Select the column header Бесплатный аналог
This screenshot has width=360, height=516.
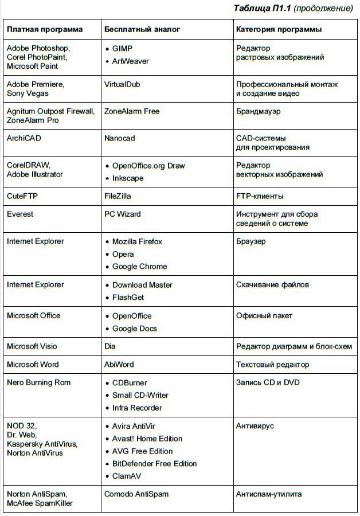pyautogui.click(x=142, y=29)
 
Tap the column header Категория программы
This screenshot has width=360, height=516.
pyautogui.click(x=279, y=29)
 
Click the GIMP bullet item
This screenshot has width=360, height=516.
pyautogui.click(x=122, y=49)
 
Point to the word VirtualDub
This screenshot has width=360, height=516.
pyautogui.click(x=122, y=84)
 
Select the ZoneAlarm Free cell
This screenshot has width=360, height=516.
pyautogui.click(x=132, y=111)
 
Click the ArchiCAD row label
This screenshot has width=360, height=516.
pyautogui.click(x=24, y=138)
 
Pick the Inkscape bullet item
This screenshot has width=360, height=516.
pyautogui.click(x=128, y=178)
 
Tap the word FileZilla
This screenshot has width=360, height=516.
pyautogui.click(x=118, y=196)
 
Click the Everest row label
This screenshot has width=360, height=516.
pyautogui.click(x=20, y=214)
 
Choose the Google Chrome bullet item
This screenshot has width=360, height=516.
pyautogui.click(x=139, y=267)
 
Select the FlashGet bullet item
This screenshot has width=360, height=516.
pyautogui.click(x=128, y=298)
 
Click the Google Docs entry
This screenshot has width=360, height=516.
pyautogui.click(x=134, y=329)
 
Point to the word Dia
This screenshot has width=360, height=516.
pyautogui.click(x=110, y=346)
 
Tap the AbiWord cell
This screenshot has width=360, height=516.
pyautogui.click(x=119, y=365)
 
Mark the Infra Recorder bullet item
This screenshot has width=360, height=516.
pyautogui.click(x=137, y=408)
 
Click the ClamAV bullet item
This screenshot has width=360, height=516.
pyautogui.click(x=126, y=476)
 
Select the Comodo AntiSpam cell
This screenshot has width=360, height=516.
pyautogui.click(x=136, y=494)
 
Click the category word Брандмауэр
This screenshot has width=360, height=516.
pyautogui.click(x=259, y=111)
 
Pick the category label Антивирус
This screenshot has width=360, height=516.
pyautogui.click(x=255, y=426)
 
